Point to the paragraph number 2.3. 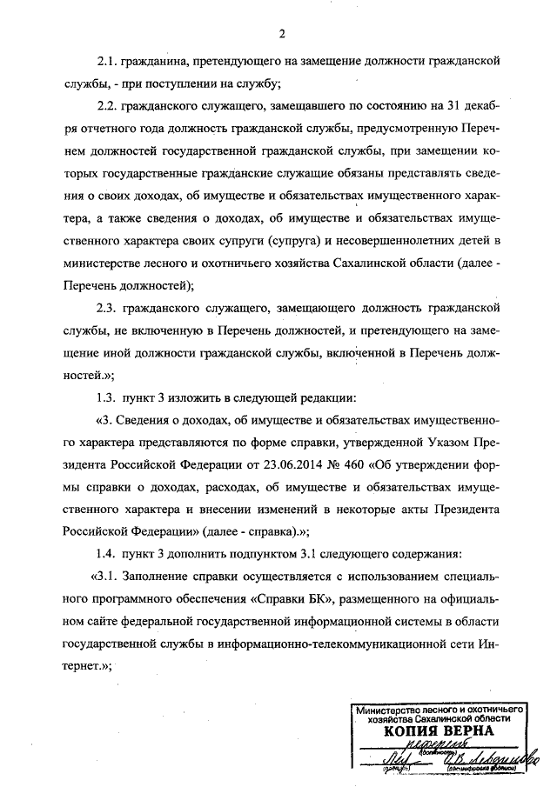pos(108,307)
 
